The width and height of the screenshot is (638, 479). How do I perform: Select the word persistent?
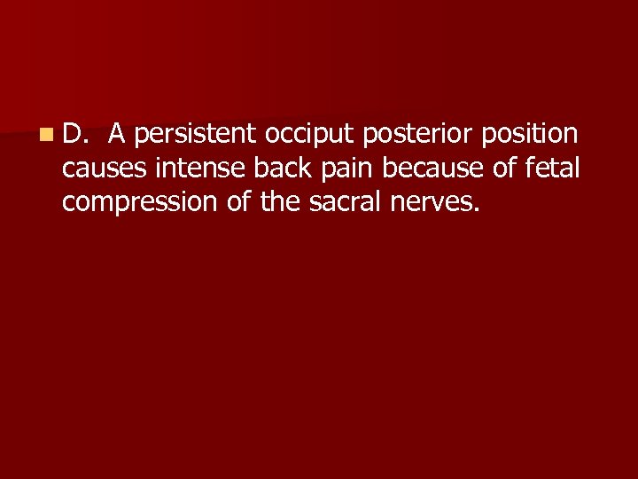195,135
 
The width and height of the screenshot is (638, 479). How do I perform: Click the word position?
530,135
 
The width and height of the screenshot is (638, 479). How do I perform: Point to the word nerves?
432,203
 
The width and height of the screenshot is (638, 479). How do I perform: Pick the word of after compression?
239,202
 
